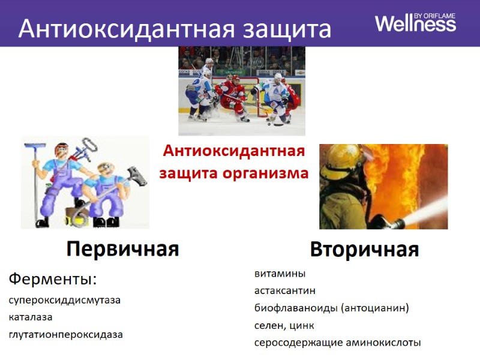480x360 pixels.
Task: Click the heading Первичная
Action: tap(123, 249)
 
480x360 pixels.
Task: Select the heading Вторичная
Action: tap(364, 249)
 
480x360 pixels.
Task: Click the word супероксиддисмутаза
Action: tap(64, 300)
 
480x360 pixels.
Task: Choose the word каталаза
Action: tap(31, 317)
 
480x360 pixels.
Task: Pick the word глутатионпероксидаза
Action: tap(65, 334)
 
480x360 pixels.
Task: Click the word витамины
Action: tap(280, 274)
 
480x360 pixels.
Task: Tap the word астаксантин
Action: tap(284, 290)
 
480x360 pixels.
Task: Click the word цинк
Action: tap(301, 325)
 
